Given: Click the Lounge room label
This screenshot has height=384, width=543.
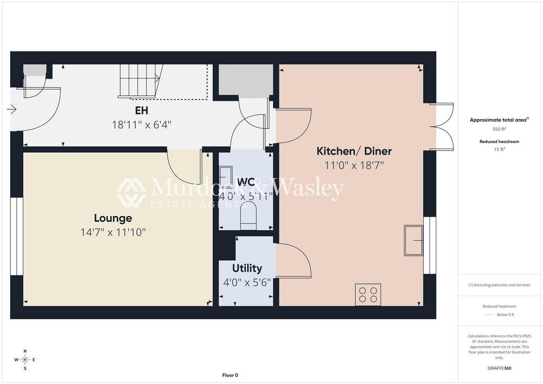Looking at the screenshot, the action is (113, 218).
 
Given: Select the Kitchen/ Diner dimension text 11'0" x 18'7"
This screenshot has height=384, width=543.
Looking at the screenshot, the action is (354, 165).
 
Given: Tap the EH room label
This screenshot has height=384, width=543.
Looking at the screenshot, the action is (142, 110).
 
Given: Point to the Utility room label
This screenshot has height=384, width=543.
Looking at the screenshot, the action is (247, 268).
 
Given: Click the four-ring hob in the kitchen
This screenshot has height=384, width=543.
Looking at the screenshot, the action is (368, 295).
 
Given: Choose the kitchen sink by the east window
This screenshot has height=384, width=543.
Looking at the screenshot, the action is (414, 240).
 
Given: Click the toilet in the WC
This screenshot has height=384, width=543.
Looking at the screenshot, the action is (248, 215).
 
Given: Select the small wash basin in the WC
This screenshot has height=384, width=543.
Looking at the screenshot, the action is (226, 177).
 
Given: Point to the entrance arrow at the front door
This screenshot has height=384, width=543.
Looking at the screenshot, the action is (12, 110).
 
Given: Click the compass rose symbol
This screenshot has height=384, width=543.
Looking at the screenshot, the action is (25, 360).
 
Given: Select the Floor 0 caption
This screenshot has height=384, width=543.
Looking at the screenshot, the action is (230, 375).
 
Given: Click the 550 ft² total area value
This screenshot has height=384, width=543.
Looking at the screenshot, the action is (499, 129).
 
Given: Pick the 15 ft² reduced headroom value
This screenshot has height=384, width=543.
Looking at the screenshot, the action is (499, 150).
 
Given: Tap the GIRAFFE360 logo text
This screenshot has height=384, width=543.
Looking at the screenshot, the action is (499, 368).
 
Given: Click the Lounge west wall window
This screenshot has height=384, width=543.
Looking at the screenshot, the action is (16, 237).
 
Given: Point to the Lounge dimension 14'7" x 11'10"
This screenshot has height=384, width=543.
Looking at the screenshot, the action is (113, 232).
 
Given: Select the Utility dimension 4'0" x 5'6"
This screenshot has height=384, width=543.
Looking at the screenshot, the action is (247, 283).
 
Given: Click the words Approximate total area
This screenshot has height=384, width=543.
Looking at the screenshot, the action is (498, 120).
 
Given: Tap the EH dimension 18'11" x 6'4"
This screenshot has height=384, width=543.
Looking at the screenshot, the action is (142, 125).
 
